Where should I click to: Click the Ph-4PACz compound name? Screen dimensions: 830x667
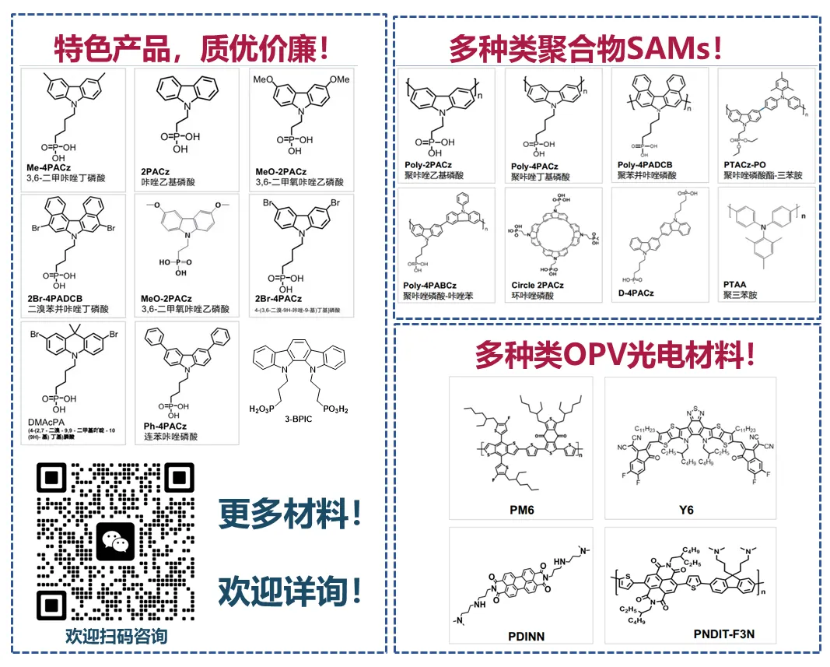tap(166, 426)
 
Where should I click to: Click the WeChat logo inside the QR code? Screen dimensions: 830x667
tap(115, 542)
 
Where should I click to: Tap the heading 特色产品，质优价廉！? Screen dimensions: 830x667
tap(191, 49)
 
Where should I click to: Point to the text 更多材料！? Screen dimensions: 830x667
tap(291, 514)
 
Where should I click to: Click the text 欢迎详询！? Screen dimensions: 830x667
tap(291, 591)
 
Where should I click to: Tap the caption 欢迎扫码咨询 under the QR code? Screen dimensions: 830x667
tap(116, 636)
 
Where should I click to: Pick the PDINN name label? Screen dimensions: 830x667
tap(527, 636)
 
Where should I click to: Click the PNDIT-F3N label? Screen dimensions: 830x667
tap(723, 634)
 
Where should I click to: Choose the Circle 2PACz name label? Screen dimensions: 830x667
tap(538, 286)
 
